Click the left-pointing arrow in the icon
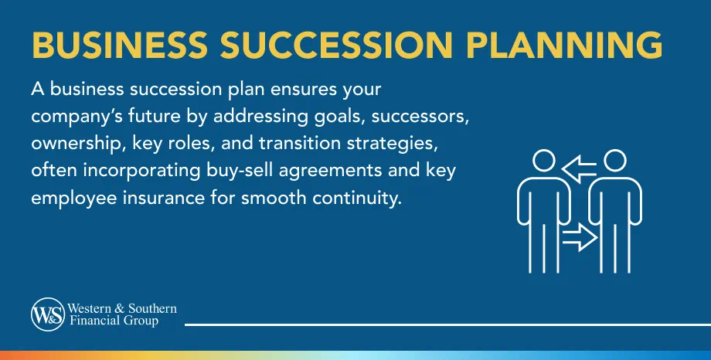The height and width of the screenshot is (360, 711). click(x=579, y=165)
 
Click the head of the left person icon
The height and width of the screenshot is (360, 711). click(x=544, y=161)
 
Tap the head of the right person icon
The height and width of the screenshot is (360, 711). click(x=614, y=161)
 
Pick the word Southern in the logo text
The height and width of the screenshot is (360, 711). click(x=154, y=309)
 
